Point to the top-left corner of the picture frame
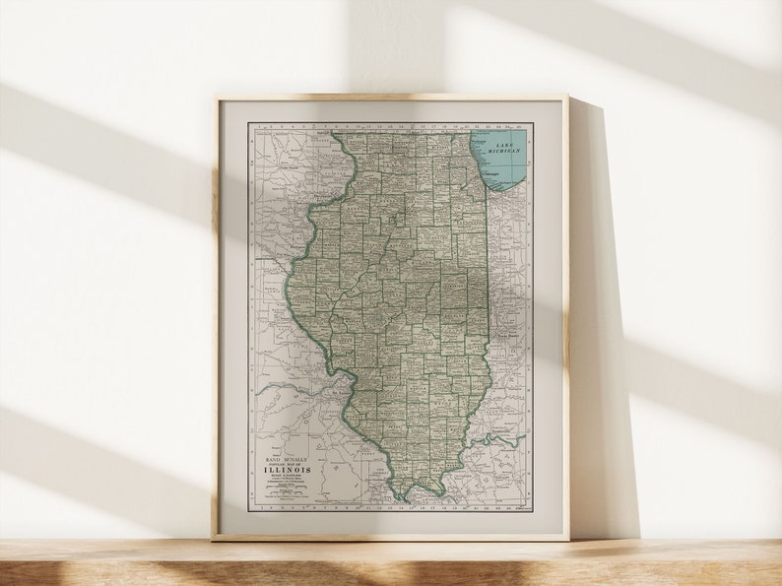point(217,98)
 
